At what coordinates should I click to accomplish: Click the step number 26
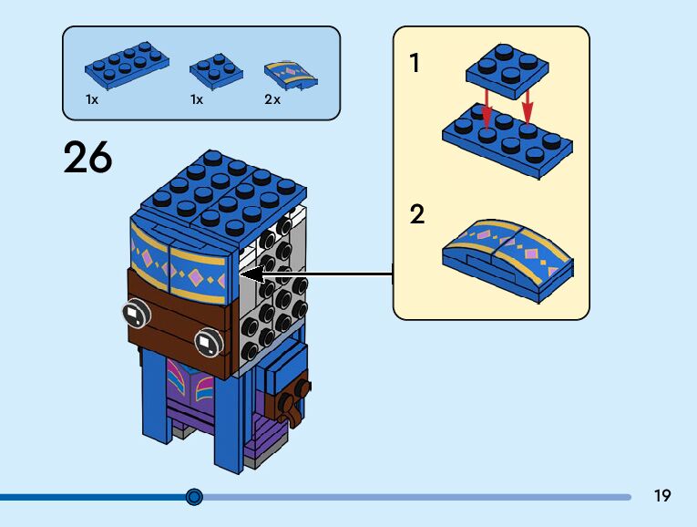87,157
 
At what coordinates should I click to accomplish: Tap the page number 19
661,495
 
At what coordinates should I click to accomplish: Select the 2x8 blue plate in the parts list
127,65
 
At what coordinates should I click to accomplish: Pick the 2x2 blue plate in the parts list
217,71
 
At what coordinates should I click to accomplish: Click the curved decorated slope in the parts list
291,75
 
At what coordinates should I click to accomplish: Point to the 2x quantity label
272,99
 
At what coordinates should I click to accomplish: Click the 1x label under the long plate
92,99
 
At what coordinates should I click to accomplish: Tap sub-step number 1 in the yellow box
415,63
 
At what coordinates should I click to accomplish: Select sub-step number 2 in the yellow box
417,214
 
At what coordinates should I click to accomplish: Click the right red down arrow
528,107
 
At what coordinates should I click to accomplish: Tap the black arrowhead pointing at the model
251,274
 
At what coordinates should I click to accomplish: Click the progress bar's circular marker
194,497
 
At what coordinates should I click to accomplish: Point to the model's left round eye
137,314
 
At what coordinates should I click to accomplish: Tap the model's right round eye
209,342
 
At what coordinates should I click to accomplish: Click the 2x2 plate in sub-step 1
507,71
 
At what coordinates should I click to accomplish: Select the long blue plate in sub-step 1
507,140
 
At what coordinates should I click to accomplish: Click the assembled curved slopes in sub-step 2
507,260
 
